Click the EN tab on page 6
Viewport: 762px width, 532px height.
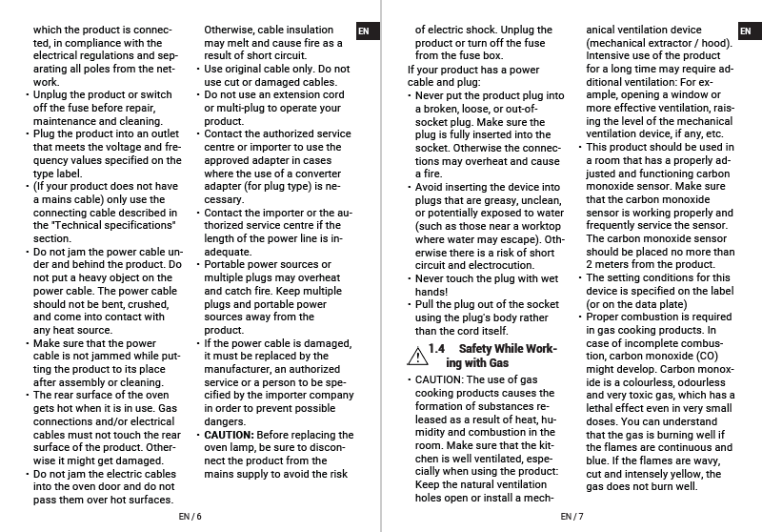pos(363,31)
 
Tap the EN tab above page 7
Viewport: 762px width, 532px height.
pos(745,31)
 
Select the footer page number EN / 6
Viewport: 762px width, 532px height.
pos(190,517)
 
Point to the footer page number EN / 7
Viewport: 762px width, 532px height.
pos(571,517)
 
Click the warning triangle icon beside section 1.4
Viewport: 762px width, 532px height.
pos(415,356)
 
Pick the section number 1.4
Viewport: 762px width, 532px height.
pos(437,349)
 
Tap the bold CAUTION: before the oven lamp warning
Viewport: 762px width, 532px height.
pos(230,435)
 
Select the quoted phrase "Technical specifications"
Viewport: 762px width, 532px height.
pos(105,225)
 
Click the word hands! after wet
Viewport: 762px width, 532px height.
pos(431,291)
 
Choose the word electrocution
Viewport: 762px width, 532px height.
pos(502,265)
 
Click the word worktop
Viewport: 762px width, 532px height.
pos(542,225)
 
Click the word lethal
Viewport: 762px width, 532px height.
pos(602,408)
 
